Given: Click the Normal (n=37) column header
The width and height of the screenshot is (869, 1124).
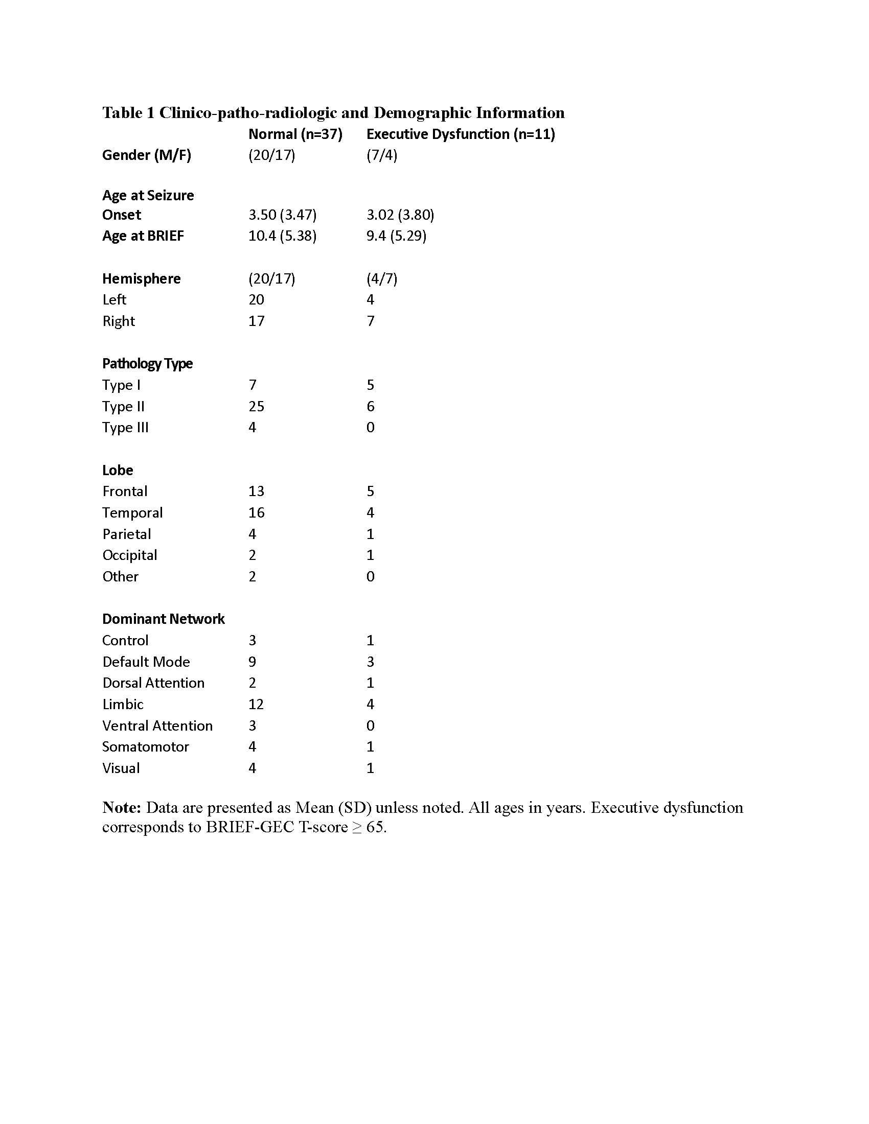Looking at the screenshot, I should (295, 134).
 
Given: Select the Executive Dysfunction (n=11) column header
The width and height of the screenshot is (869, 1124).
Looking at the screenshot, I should (460, 134).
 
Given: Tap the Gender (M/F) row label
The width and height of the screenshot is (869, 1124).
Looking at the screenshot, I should (146, 155).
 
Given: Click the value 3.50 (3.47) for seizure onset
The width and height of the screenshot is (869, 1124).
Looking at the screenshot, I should (282, 215).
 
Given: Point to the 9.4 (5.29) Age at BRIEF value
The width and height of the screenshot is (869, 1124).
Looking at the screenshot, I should (396, 236).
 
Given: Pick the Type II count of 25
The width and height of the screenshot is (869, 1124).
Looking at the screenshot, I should (256, 407).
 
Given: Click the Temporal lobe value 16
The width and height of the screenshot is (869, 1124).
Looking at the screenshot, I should (256, 512).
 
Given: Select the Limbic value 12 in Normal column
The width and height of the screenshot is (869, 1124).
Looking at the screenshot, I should (256, 704).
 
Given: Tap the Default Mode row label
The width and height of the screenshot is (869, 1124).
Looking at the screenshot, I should (146, 662).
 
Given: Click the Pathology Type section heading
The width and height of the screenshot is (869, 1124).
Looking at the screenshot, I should (147, 364).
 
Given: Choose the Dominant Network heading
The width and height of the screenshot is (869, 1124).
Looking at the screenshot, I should (163, 619).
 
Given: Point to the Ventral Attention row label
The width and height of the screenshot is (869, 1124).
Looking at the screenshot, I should (157, 725).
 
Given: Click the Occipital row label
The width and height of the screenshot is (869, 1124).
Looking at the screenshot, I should (129, 555).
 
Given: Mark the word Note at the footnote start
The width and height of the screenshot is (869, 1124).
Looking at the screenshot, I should (121, 807).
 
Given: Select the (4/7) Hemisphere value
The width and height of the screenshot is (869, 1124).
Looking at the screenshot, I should (381, 279).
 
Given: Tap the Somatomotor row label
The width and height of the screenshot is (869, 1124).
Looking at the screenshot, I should (145, 747).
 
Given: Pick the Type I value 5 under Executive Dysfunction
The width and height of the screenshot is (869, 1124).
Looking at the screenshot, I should (370, 385).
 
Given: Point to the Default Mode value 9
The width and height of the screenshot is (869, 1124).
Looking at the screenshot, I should (252, 662).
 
